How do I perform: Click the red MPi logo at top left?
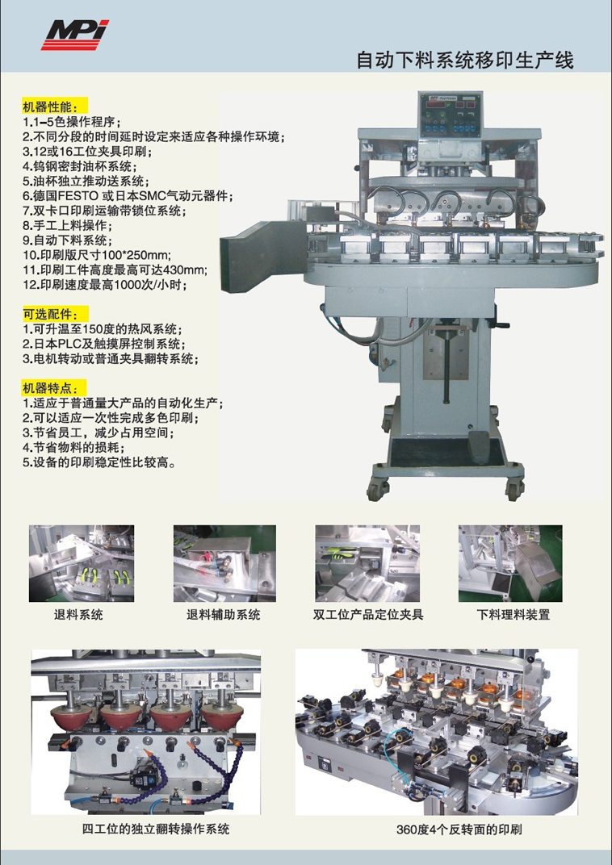(x=76, y=35)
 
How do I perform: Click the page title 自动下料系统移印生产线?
(x=465, y=60)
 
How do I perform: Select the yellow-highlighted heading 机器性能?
(x=55, y=106)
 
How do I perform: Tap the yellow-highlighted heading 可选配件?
(x=55, y=315)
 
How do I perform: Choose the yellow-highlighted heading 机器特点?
(x=55, y=388)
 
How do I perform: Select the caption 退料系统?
(x=78, y=615)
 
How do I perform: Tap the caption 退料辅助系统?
(x=224, y=615)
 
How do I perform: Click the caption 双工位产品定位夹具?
(x=368, y=615)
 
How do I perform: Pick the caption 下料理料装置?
(x=513, y=615)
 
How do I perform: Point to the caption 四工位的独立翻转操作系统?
(x=156, y=829)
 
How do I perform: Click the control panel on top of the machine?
(x=451, y=115)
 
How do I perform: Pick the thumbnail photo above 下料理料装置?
(x=510, y=563)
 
